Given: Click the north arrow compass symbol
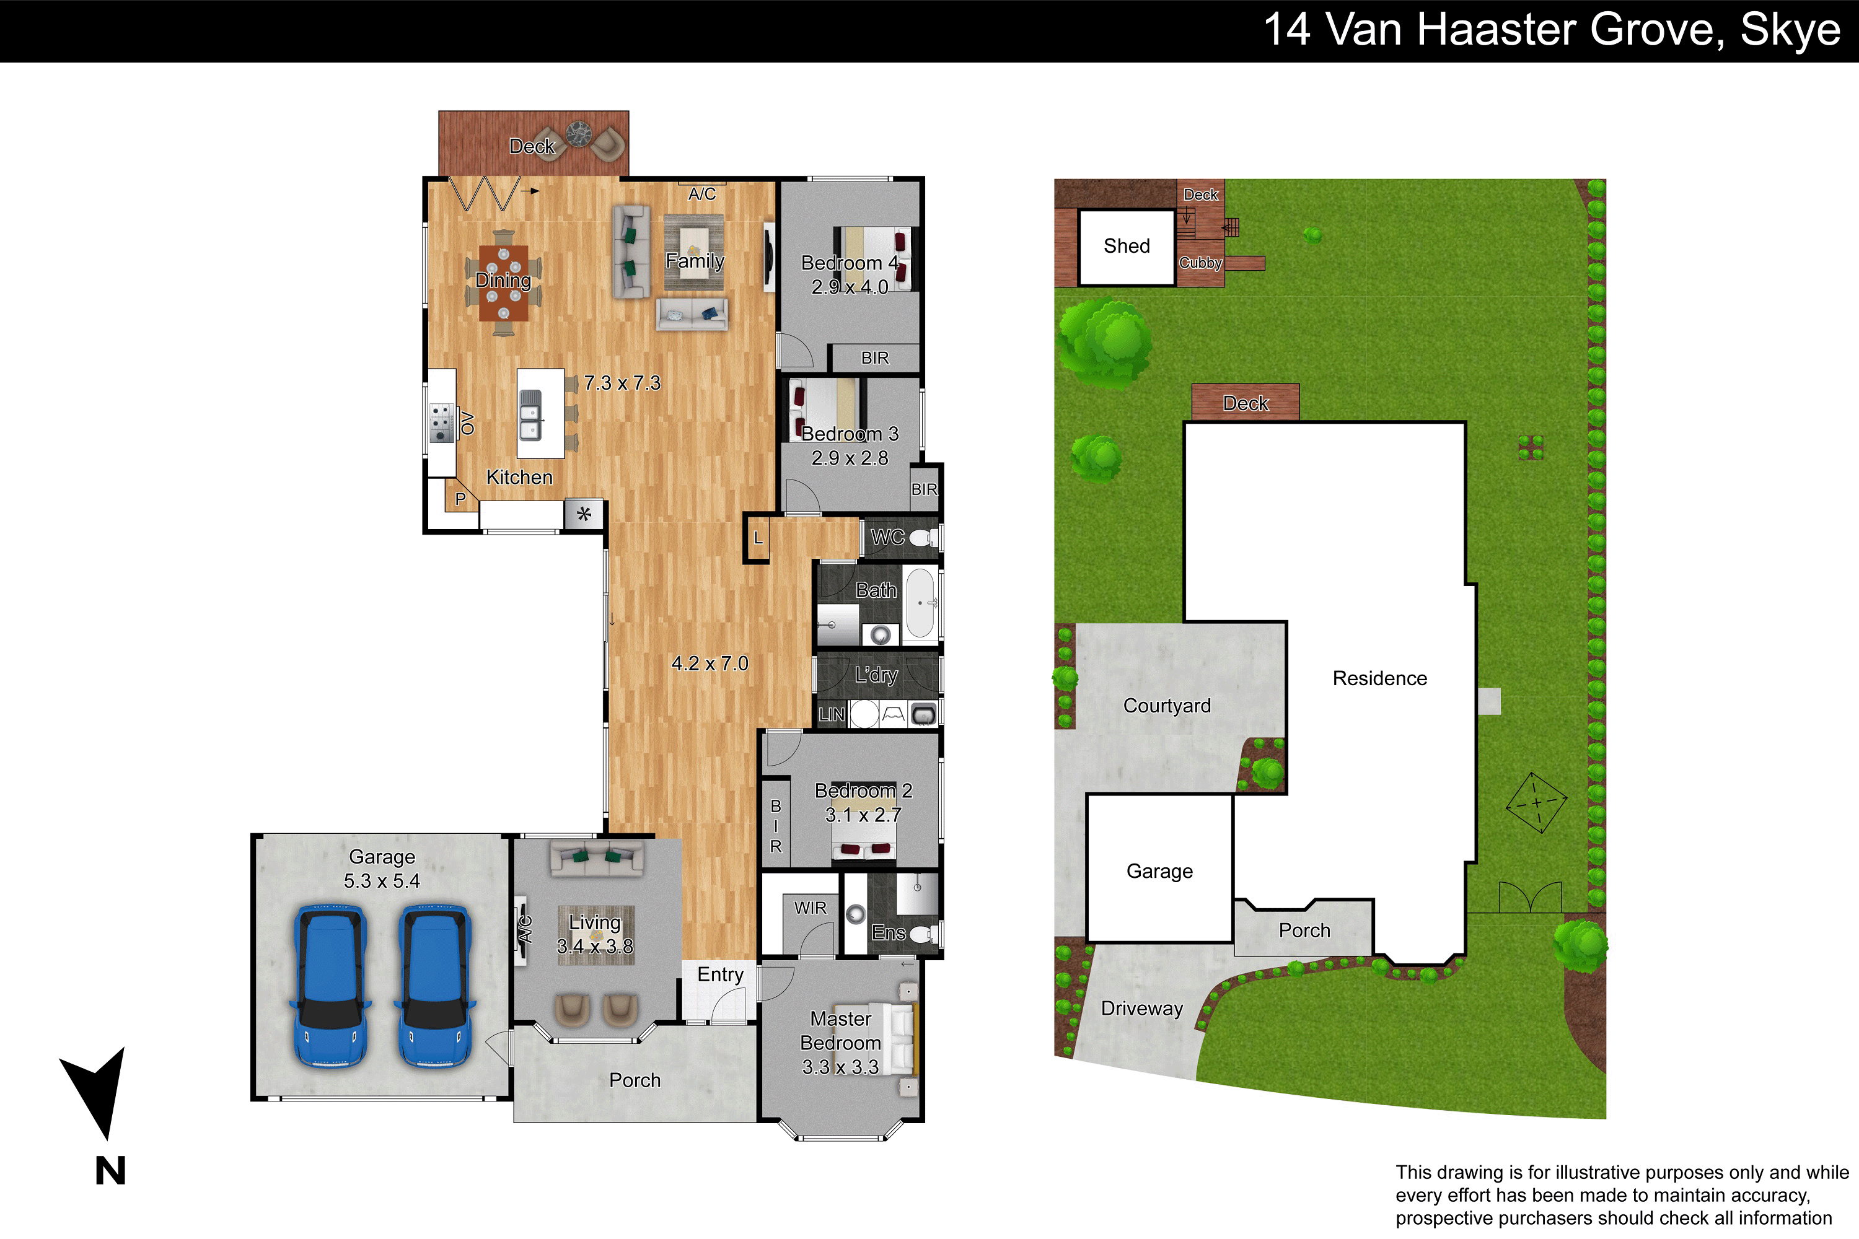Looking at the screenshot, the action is (x=97, y=1090).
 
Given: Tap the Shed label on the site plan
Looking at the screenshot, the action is (x=1127, y=246).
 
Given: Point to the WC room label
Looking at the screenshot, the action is (x=887, y=537).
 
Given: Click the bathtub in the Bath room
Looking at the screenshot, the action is (x=920, y=603).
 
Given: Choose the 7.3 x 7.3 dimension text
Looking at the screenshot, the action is (x=622, y=383).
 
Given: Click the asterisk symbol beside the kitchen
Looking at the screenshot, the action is (x=584, y=514).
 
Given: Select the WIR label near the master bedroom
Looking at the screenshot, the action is (x=810, y=908).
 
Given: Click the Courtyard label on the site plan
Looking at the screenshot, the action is (x=1167, y=706).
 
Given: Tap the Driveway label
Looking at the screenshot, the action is (x=1142, y=1009).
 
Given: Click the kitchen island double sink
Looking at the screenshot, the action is (x=530, y=415).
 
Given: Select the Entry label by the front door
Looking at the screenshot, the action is (x=720, y=975).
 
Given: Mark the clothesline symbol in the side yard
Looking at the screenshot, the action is (x=1536, y=802).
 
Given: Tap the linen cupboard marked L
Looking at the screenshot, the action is (x=757, y=538).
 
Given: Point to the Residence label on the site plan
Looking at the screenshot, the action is (x=1379, y=678).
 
